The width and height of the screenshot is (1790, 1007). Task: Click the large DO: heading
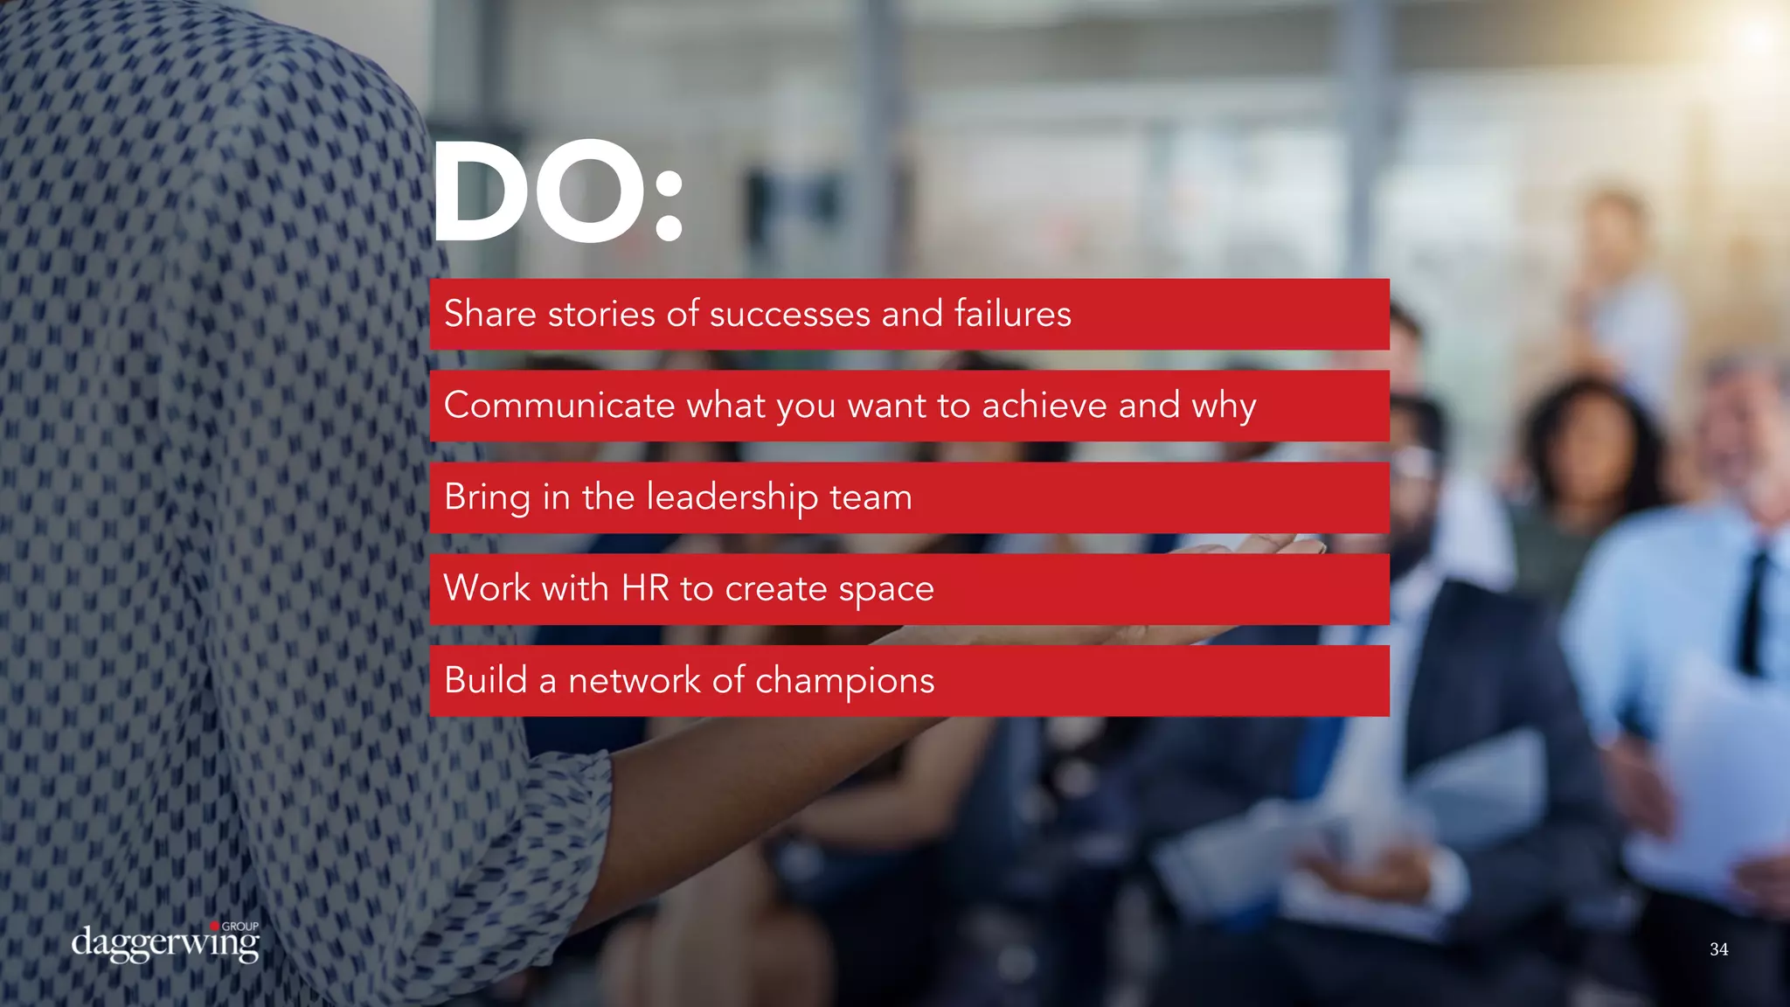556,192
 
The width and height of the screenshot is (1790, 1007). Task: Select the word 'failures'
1012,314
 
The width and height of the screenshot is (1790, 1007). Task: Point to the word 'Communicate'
559,406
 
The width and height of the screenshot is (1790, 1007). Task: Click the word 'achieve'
1044,406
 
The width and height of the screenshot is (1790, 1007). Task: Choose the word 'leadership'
732,497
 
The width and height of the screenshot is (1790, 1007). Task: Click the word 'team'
871,498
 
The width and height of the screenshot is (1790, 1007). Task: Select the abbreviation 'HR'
645,588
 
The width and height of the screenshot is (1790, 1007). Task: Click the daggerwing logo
165,944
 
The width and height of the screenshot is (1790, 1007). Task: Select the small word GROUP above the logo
239,927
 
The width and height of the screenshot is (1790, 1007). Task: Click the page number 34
1718,949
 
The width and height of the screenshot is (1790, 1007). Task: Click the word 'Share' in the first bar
489,314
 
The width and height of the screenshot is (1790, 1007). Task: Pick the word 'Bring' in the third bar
487,498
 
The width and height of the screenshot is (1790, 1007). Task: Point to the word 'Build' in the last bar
486,680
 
